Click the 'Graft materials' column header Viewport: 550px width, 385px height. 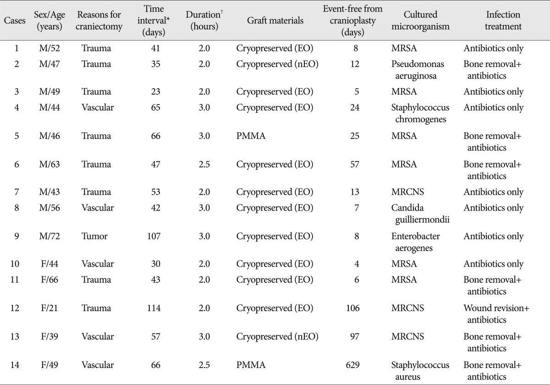(x=275, y=20)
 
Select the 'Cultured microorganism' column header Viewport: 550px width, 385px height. (x=420, y=20)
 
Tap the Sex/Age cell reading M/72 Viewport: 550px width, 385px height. (x=49, y=236)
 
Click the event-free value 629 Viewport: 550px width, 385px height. (x=352, y=365)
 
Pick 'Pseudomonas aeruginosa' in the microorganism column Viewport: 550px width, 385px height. (x=418, y=70)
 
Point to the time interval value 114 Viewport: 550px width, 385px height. (x=154, y=308)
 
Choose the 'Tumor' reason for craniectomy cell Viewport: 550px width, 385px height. (x=94, y=236)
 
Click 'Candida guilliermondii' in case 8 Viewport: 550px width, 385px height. (x=420, y=214)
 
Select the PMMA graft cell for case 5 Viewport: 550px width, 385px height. (x=251, y=136)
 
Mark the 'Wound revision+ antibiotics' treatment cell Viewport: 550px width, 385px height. (x=496, y=314)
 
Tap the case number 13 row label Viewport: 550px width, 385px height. (x=15, y=336)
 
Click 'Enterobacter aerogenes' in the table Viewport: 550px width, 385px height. (x=415, y=242)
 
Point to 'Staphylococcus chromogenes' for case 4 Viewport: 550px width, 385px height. (x=420, y=113)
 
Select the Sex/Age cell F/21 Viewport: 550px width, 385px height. (x=49, y=308)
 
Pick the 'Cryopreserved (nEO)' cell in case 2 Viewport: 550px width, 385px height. (x=277, y=64)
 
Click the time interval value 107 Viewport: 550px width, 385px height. (x=154, y=236)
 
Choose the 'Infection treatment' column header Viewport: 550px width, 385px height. (x=503, y=20)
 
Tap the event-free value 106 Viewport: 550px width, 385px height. (x=352, y=308)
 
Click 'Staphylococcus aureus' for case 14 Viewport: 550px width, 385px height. (x=420, y=371)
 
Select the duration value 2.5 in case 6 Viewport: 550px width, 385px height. (x=204, y=164)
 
